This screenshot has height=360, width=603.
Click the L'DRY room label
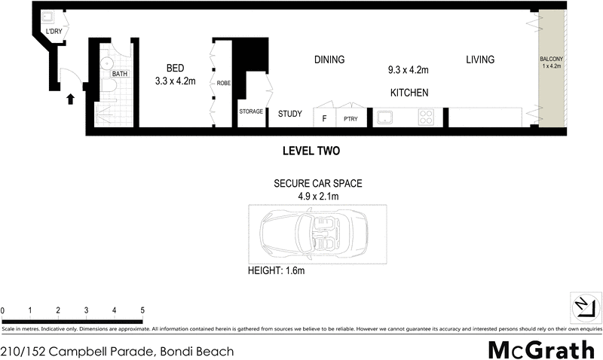pos(54,32)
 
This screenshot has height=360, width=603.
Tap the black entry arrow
pos(71,98)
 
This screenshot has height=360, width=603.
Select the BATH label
pos(119,74)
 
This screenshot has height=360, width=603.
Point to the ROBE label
pos(224,83)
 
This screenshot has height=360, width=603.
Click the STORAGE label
pos(251,111)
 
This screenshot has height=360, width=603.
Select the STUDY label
pos(290,114)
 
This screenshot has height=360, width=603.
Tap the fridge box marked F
pos(323,118)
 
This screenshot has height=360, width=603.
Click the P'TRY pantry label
pos(350,118)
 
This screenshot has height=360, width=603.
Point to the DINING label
pos(329,60)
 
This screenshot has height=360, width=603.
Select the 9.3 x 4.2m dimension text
pos(408,71)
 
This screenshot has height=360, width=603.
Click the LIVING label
pos(479,59)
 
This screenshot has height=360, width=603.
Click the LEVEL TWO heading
pos(311,151)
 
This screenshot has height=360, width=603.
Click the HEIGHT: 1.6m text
pos(277,270)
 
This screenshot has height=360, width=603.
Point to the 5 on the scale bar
pos(142,310)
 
